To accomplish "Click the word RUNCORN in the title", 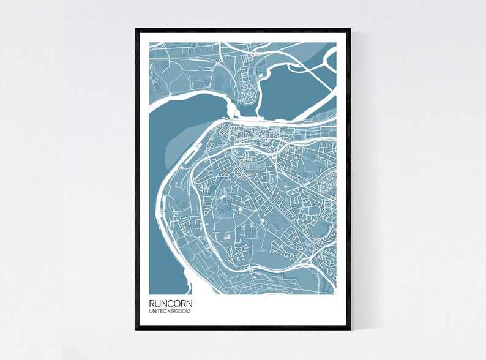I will pyautogui.click(x=168, y=303).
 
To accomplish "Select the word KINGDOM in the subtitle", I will pyautogui.click(x=178, y=312).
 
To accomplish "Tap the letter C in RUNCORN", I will pyautogui.click(x=166, y=303).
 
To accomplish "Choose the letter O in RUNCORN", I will pyautogui.click(x=173, y=303).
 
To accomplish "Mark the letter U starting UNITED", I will pyautogui.click(x=151, y=312).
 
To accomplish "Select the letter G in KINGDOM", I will pyautogui.click(x=178, y=312).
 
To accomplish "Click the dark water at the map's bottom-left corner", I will pyautogui.click(x=165, y=269).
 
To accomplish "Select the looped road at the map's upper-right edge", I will pyautogui.click(x=331, y=58).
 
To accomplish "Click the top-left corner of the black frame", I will pyautogui.click(x=136, y=29).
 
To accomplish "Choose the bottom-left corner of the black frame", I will pyautogui.click(x=136, y=330).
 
